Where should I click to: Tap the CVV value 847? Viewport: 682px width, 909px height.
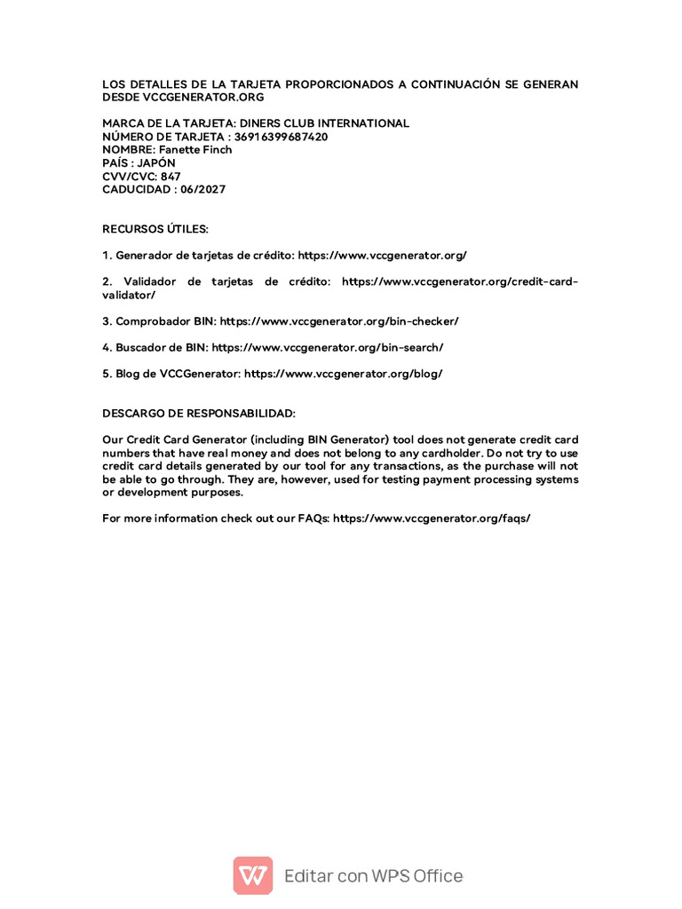[170, 177]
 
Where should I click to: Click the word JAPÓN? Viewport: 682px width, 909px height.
[156, 163]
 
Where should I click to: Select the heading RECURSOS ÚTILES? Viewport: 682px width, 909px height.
[155, 229]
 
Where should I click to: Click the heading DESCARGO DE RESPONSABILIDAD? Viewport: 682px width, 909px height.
[199, 414]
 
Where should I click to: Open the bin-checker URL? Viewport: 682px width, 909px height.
[339, 320]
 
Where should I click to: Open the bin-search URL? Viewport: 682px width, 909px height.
[328, 347]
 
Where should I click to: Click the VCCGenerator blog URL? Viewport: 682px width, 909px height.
[343, 374]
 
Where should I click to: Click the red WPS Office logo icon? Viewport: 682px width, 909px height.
[253, 875]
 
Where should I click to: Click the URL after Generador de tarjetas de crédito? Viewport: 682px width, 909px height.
[382, 255]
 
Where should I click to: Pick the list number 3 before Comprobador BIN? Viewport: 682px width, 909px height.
[107, 320]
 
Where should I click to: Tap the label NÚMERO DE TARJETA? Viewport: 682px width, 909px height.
[164, 137]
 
